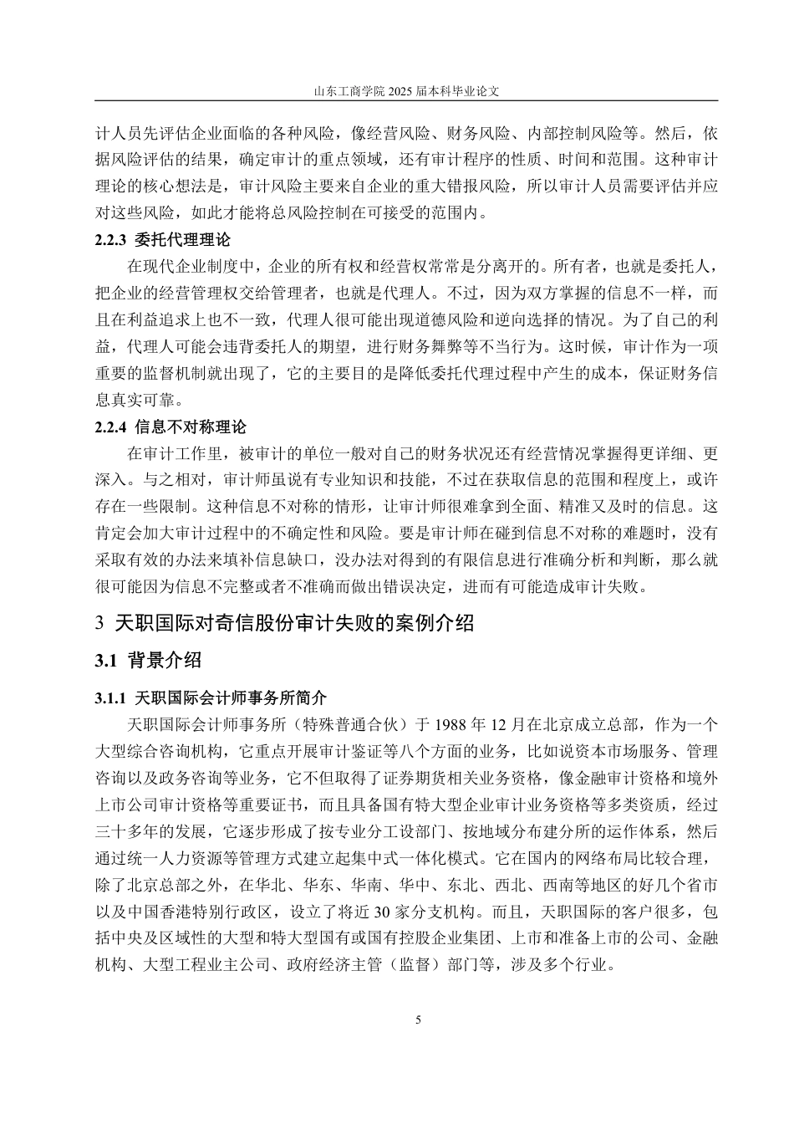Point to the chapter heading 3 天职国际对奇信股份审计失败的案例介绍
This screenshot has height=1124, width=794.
(285, 623)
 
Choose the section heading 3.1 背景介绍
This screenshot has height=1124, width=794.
(148, 661)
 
